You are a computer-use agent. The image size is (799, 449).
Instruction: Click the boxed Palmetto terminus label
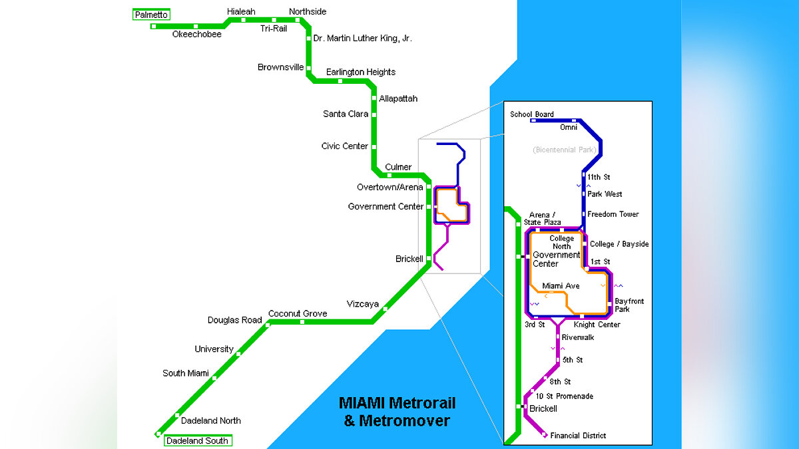click(151, 15)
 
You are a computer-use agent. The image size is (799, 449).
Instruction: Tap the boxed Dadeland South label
click(197, 440)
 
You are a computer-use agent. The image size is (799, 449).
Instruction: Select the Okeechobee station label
click(196, 34)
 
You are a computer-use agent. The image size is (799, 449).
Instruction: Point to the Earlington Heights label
click(360, 72)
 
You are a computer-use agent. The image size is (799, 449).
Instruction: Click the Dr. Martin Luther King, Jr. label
click(362, 39)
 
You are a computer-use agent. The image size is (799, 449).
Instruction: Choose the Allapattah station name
click(398, 98)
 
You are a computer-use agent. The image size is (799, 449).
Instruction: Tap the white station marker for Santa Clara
click(374, 114)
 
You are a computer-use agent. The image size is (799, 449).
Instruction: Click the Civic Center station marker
click(374, 146)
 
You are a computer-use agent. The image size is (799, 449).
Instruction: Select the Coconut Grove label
click(297, 313)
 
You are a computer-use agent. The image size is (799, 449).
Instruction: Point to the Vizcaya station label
click(362, 304)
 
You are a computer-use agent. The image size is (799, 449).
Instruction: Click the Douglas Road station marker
click(268, 325)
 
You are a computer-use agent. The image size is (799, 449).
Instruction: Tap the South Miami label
click(185, 373)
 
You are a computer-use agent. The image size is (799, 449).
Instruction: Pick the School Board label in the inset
click(531, 114)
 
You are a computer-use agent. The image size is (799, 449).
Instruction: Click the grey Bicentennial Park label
click(564, 150)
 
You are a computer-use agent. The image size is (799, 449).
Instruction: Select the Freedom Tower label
click(613, 214)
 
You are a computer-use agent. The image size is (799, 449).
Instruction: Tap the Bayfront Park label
click(629, 305)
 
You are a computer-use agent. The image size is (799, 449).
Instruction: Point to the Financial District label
click(578, 436)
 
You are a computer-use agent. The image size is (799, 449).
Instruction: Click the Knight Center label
click(597, 325)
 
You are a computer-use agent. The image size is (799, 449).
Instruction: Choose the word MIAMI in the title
click(363, 403)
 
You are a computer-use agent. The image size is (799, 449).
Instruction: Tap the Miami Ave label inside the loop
click(560, 286)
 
